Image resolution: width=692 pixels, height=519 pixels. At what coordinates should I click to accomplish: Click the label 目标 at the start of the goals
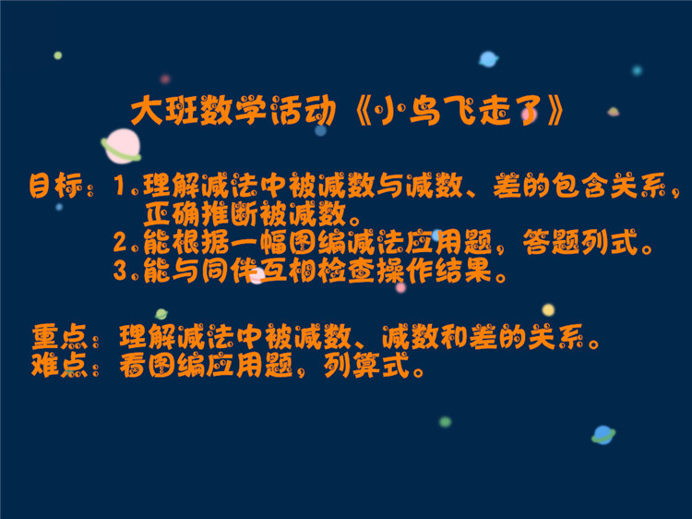[x=55, y=186]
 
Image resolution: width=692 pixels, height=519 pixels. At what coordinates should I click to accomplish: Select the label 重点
[x=59, y=337]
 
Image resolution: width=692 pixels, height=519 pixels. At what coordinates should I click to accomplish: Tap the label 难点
[x=59, y=365]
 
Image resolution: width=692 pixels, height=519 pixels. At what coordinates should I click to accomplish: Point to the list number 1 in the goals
[x=119, y=185]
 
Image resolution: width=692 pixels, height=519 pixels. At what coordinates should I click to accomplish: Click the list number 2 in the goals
[x=120, y=242]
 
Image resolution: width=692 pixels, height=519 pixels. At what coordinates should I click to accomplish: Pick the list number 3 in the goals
[x=120, y=271]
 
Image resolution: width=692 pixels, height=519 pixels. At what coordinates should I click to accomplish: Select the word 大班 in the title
[x=163, y=110]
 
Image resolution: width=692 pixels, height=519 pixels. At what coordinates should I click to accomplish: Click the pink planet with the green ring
[x=122, y=146]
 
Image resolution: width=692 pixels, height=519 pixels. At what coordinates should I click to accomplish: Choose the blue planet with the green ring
[x=603, y=435]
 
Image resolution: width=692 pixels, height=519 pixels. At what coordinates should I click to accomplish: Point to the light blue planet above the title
[x=488, y=59]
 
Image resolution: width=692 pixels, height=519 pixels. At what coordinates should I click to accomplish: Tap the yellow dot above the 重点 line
[x=548, y=309]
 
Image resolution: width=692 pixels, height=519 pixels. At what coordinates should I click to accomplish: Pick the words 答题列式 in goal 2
[x=580, y=242]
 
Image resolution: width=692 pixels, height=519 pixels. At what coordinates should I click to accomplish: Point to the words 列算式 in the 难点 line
[x=366, y=366]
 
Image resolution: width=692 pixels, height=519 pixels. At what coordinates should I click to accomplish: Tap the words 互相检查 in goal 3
[x=316, y=271]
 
